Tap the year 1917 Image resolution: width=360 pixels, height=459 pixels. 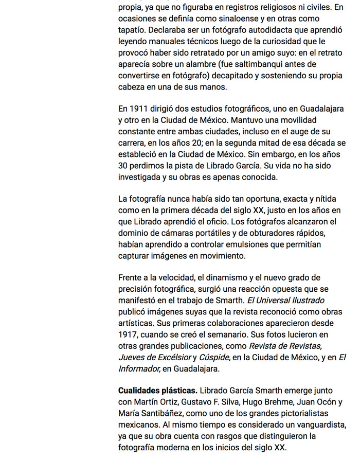128,334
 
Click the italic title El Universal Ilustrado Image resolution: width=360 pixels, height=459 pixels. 285,301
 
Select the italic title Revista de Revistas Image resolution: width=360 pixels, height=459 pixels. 285,346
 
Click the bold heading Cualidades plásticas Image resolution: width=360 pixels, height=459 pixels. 157,391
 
